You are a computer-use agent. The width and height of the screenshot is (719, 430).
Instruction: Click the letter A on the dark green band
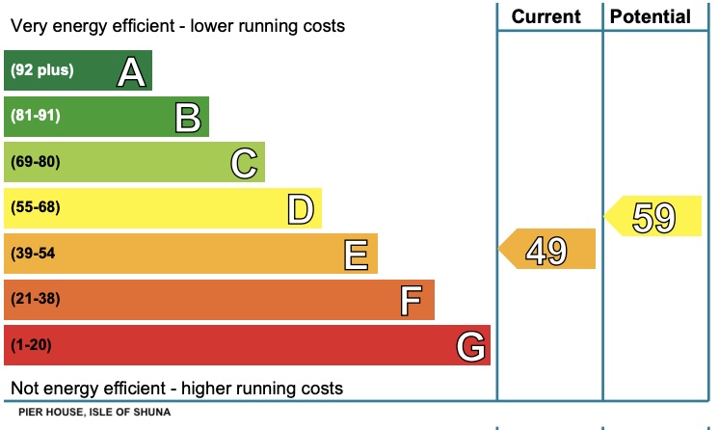(132, 72)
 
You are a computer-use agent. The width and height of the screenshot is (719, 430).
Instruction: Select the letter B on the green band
(188, 118)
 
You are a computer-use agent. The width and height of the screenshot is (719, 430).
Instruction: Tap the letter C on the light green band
(245, 163)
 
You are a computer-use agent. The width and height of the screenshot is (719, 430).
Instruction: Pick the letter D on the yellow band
(302, 208)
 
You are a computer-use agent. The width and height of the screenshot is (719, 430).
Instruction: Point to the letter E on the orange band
(357, 255)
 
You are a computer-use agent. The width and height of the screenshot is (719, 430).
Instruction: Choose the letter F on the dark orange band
(412, 300)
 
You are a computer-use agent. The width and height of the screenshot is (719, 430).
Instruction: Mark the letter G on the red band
(470, 345)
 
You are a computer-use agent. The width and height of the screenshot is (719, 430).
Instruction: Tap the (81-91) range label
(36, 117)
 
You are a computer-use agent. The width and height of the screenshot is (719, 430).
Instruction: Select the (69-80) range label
(36, 162)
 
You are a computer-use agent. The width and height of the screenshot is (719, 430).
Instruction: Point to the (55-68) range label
(36, 207)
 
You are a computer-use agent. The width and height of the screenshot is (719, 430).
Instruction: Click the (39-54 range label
(34, 254)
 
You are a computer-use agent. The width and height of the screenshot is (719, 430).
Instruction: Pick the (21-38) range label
(36, 299)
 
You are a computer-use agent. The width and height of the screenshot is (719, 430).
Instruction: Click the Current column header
(546, 16)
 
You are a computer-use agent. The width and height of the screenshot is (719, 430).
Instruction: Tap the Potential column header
(651, 16)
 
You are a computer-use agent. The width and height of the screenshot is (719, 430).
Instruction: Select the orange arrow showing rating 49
(546, 250)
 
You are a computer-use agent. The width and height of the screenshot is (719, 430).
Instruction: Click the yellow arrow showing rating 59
(652, 216)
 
